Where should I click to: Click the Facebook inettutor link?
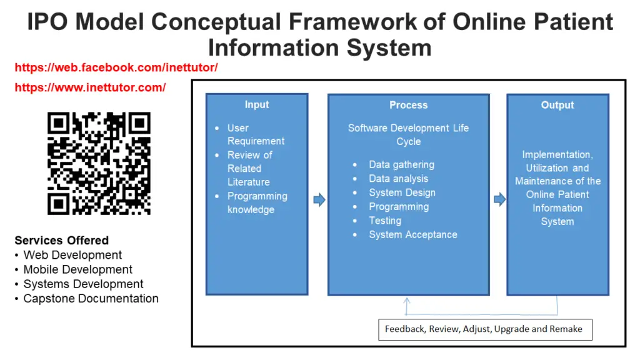[116, 67]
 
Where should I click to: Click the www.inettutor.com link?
[90, 87]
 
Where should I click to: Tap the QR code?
[99, 163]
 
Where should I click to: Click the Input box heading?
[257, 104]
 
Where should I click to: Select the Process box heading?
[408, 105]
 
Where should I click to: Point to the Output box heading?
[557, 105]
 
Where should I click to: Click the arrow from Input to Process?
[319, 199]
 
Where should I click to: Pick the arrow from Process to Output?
[499, 199]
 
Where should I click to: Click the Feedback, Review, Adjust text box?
[485, 329]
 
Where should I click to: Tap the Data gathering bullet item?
[402, 164]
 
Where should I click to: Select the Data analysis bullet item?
[398, 178]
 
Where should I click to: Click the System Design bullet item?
[402, 192]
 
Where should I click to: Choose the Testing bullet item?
[385, 221]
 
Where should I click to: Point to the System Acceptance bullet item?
[413, 235]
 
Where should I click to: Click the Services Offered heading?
[62, 241]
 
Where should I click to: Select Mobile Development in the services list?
[78, 269]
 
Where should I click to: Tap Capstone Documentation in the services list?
[91, 298]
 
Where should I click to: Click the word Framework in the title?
[353, 22]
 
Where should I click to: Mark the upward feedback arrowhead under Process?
[406, 301]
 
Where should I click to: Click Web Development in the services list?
[72, 255]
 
